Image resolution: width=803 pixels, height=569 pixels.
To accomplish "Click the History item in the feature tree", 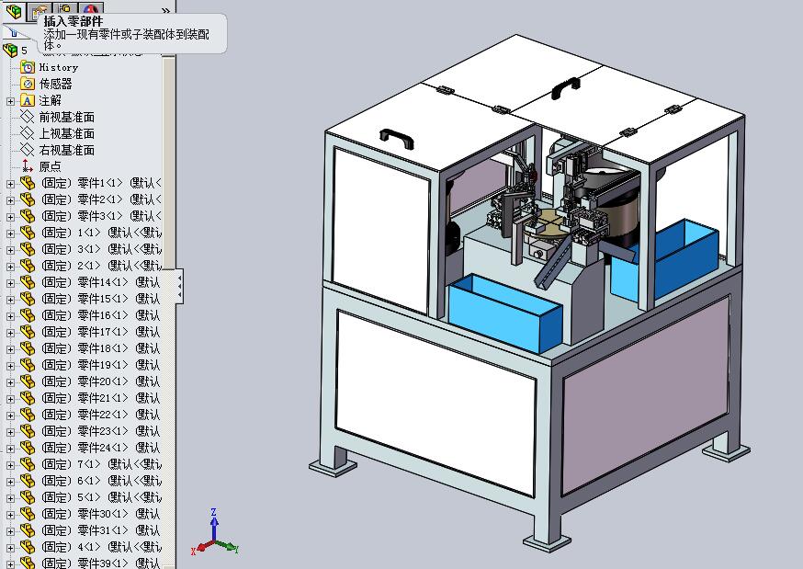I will click(58, 67).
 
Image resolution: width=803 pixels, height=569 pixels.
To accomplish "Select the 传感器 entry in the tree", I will click(55, 84).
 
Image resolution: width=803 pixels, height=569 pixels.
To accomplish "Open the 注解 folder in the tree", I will click(50, 100).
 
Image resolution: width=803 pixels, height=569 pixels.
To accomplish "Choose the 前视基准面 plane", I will click(66, 117).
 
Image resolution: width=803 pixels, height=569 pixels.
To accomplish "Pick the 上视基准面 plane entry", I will click(66, 133).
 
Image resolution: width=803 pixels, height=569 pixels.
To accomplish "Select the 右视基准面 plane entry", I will click(66, 150).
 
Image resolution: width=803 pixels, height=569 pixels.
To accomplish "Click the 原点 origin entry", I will click(50, 166).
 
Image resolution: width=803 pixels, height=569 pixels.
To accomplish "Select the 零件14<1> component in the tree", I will click(101, 282).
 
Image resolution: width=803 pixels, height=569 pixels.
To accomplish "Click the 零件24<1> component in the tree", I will click(101, 448).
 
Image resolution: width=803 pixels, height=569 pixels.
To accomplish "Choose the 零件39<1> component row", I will click(101, 563).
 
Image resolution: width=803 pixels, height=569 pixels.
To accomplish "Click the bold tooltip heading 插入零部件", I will click(74, 21).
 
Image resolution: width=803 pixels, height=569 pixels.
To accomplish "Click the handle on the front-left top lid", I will click(396, 135).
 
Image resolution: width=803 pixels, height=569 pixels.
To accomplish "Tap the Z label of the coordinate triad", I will click(213, 512).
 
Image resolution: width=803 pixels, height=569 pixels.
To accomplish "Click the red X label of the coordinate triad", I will click(194, 551).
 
